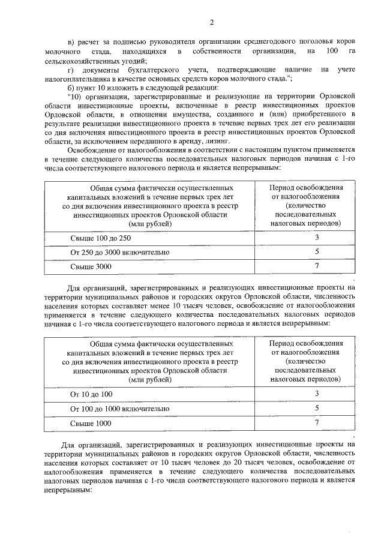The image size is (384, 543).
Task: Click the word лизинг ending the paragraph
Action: click(220, 137)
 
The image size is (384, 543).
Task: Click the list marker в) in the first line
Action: click(71, 42)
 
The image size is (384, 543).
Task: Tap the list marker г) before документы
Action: click(71, 70)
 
